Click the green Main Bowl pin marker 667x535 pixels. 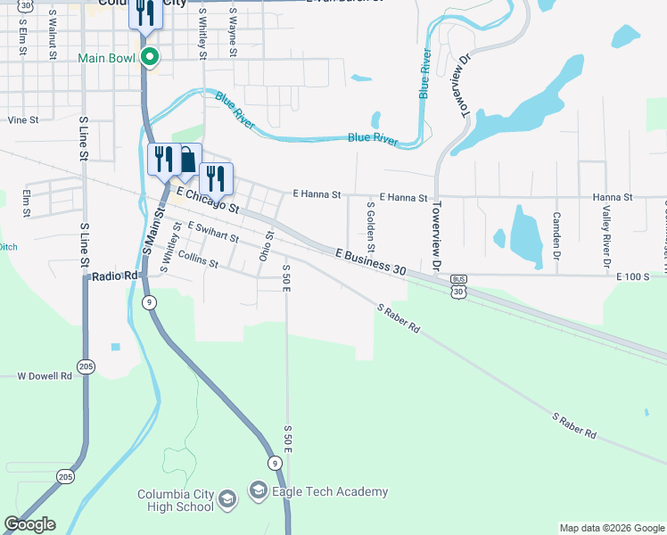[x=151, y=58]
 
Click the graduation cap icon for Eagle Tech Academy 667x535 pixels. [x=259, y=490]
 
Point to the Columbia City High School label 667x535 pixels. [x=176, y=501]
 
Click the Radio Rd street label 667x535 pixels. [x=116, y=276]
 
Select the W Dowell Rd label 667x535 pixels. [x=44, y=376]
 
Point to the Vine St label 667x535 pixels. [x=23, y=119]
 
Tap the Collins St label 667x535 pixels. [x=198, y=259]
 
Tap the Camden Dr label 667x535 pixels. [x=556, y=230]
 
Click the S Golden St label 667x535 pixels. [x=371, y=226]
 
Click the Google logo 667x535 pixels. [x=29, y=524]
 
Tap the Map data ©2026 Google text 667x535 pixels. [x=611, y=528]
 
